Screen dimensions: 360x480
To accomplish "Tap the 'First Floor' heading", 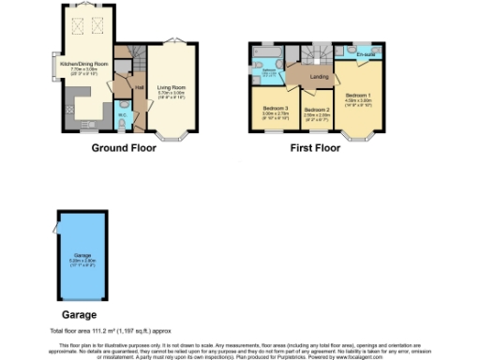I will tap(315, 148).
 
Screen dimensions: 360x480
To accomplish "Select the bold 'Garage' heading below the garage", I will tap(79, 315).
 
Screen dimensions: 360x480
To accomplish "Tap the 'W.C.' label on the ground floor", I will tap(123, 116).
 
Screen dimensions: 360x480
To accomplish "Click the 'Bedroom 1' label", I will tap(358, 95).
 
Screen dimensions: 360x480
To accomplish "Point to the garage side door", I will tap(56, 231).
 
